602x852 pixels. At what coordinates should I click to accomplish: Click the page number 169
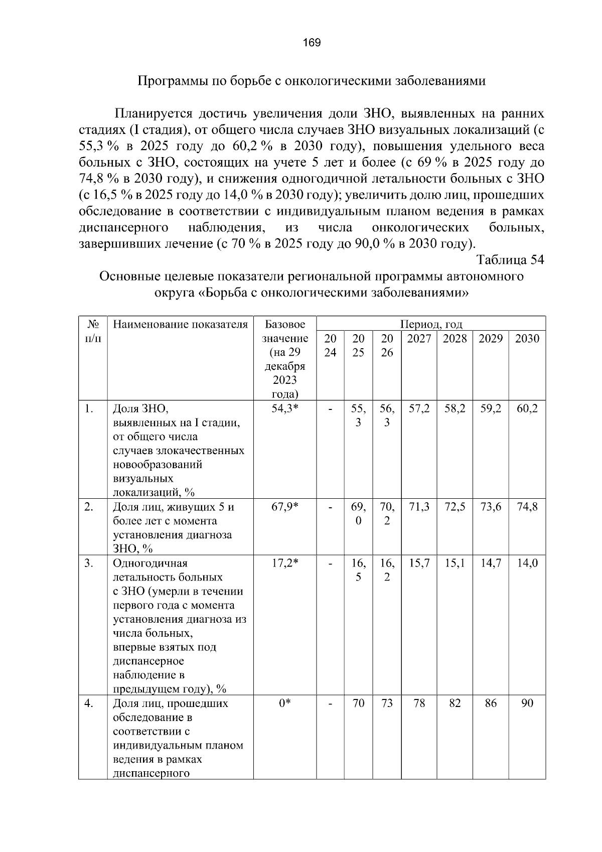[312, 43]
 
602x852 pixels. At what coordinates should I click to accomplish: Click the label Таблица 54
[510, 260]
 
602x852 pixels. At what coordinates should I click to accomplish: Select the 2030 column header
[527, 339]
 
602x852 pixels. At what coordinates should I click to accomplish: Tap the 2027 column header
[419, 339]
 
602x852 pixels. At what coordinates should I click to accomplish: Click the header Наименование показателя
[181, 324]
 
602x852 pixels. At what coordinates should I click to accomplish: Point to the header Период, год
[431, 324]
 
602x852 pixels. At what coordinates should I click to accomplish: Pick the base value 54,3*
[284, 409]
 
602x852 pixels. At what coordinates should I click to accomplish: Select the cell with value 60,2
[527, 409]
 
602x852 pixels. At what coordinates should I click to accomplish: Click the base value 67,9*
[284, 507]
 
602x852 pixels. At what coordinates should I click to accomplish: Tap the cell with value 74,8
[527, 507]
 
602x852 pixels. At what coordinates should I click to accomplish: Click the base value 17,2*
[284, 563]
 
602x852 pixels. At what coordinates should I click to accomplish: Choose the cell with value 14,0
[527, 563]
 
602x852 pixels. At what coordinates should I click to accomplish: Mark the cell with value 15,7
[419, 563]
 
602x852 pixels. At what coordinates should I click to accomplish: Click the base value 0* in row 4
[284, 703]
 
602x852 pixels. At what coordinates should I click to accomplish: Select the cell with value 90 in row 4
[527, 703]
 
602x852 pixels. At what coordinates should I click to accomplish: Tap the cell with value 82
[455, 703]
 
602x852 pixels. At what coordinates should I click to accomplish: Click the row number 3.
[89, 563]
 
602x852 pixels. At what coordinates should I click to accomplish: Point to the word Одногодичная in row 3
[150, 563]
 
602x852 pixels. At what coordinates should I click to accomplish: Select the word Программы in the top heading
[167, 81]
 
